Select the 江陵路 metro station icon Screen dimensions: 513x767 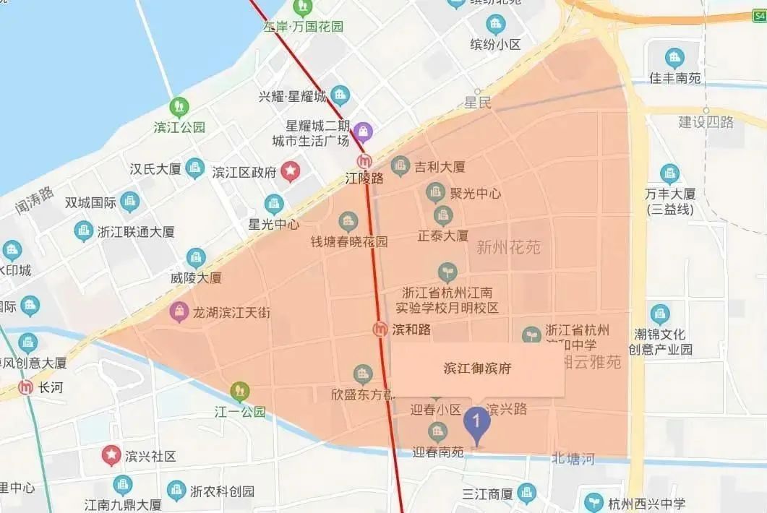[366, 161]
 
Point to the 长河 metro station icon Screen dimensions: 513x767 [27, 387]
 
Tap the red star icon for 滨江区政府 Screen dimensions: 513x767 [290, 171]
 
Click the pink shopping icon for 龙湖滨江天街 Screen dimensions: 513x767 [177, 312]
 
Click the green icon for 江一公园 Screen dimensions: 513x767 [239, 392]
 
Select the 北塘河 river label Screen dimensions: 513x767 [573, 458]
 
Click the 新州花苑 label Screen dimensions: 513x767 [508, 248]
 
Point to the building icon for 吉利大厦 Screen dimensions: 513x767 [400, 167]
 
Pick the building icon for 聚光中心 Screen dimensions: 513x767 [434, 192]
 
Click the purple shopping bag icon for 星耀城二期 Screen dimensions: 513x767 [364, 131]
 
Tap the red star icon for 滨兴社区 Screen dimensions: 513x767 [111, 455]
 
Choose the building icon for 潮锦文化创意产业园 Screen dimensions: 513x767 [659, 314]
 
